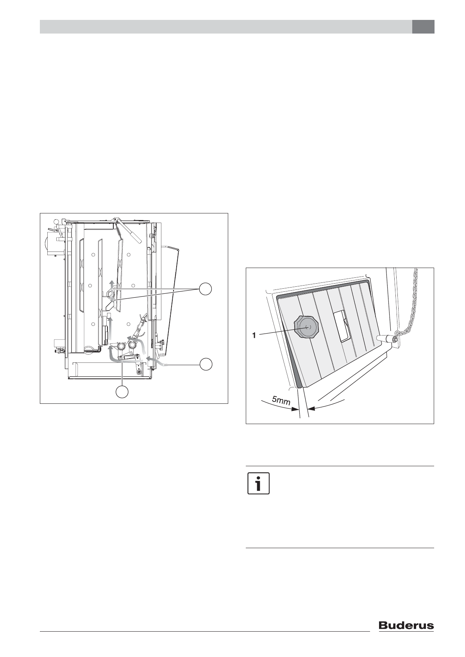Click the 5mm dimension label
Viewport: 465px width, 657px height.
[281, 400]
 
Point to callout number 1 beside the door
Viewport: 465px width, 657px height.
[254, 336]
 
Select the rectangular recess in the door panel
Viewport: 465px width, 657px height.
[342, 326]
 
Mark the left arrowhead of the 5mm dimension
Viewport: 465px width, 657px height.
[295, 410]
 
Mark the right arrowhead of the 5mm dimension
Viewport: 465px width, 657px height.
[311, 408]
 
